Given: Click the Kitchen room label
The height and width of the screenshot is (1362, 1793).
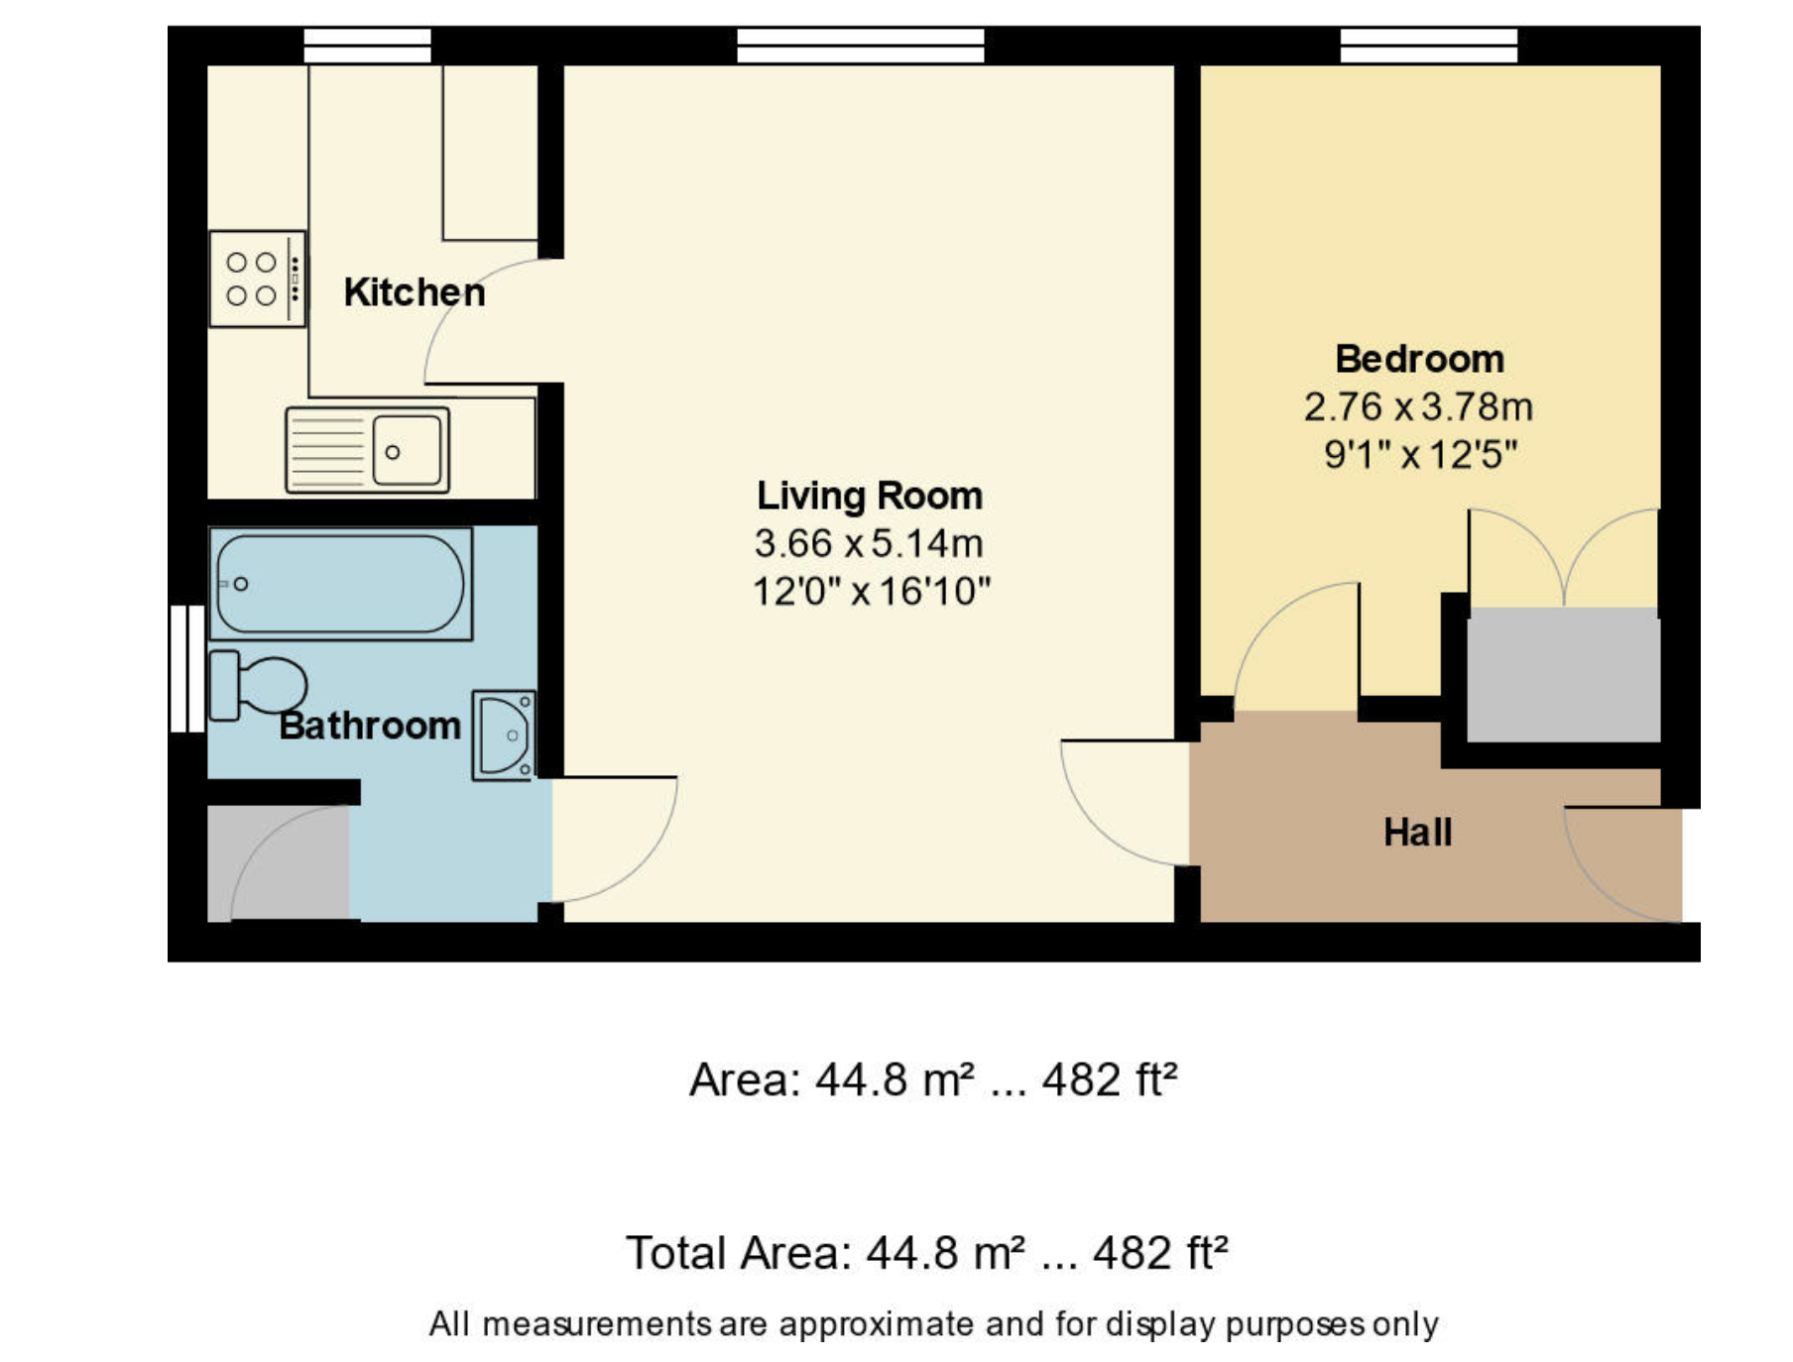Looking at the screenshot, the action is coord(415,292).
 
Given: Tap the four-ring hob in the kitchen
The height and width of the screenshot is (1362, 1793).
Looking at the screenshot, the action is coord(258,279).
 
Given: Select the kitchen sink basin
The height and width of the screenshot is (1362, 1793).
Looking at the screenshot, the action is coord(367,450).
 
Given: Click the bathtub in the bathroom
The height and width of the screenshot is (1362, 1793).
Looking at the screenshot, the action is coord(340,583).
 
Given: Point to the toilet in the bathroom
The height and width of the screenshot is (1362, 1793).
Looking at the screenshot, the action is coord(258,684).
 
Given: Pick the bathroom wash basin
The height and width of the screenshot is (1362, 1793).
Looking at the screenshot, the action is coord(504,736).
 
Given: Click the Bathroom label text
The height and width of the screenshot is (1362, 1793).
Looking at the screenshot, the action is coord(370,726).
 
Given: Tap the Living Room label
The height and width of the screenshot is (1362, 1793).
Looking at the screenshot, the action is coord(870,496).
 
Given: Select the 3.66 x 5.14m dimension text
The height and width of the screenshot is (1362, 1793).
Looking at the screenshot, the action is coord(869,543).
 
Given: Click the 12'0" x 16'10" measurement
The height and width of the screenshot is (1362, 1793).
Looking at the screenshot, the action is coord(872,591).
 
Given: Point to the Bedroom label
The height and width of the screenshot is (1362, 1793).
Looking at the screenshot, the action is coord(1420,359).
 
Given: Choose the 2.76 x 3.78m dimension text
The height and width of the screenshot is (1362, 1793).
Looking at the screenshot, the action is coord(1418,406).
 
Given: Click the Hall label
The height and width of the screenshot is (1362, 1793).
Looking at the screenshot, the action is coord(1418,833).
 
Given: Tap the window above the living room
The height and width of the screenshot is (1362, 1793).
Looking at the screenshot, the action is coord(861,46).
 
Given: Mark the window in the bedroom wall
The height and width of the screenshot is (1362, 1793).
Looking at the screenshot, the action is coord(1429,46).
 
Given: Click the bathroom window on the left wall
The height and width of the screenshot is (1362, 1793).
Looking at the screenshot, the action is coord(187,669).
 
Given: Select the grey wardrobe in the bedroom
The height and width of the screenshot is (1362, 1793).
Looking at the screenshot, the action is coord(1564,675).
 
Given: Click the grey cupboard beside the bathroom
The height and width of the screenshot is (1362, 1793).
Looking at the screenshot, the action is coord(279,863).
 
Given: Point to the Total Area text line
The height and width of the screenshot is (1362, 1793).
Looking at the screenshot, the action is coord(927,1253).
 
